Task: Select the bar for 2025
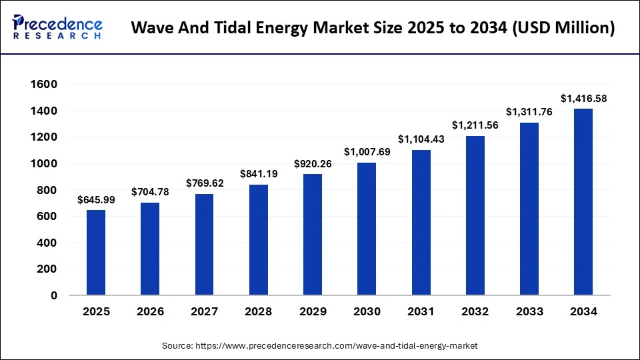click(x=96, y=253)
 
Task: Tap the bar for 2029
click(x=313, y=235)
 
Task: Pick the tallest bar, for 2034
click(x=583, y=202)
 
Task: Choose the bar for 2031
click(x=421, y=223)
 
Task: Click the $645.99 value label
click(x=96, y=200)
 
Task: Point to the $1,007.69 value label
click(x=367, y=152)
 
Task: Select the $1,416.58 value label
click(x=583, y=99)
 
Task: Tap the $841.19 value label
click(x=258, y=174)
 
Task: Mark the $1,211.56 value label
click(x=475, y=125)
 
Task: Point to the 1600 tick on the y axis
click(x=44, y=85)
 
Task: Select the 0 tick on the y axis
click(x=53, y=295)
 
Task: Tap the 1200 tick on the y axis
click(x=44, y=137)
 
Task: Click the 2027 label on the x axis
click(x=204, y=312)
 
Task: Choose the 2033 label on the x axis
click(x=529, y=312)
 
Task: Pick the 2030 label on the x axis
click(x=367, y=312)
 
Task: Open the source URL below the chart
click(x=320, y=346)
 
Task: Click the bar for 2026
click(x=150, y=249)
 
